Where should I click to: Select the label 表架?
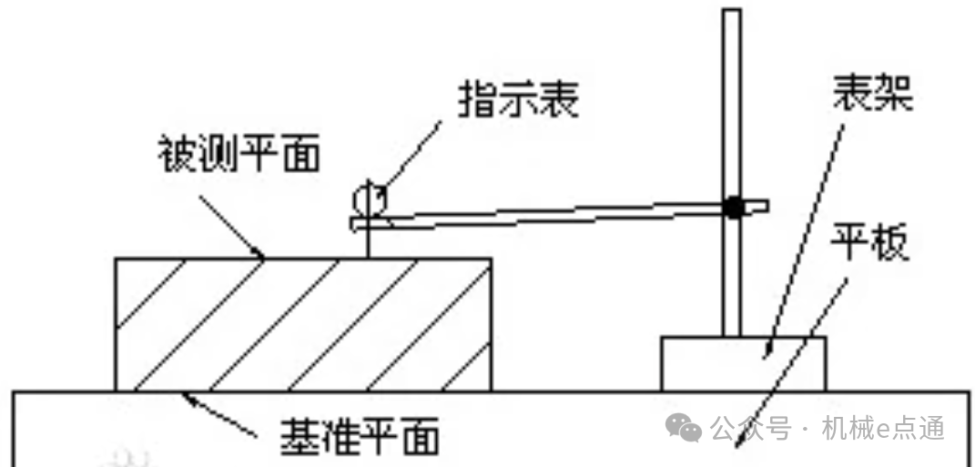pyautogui.click(x=873, y=92)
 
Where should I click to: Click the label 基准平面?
pyautogui.click(x=360, y=435)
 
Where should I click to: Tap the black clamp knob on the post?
pyautogui.click(x=734, y=207)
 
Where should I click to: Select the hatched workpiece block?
pyautogui.click(x=303, y=324)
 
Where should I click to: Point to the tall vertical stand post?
pyautogui.click(x=732, y=109)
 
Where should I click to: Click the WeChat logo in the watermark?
pyautogui.click(x=684, y=427)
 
